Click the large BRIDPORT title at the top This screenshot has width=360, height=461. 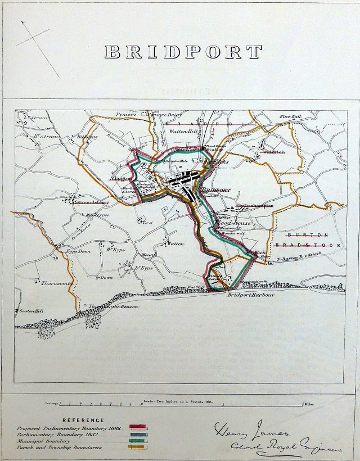[183, 52]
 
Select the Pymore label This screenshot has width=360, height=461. [127, 114]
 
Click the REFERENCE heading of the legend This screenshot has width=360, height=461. [83, 420]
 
